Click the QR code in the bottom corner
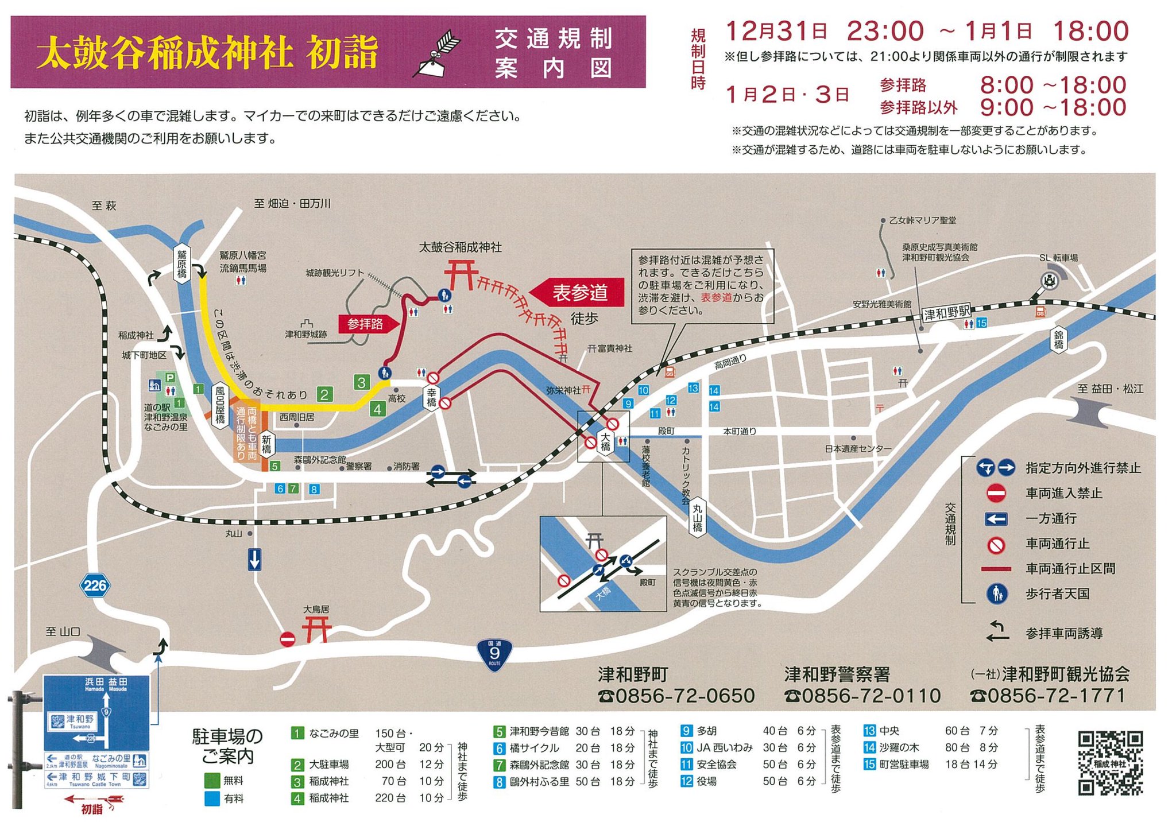[1110, 763]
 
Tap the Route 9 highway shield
[494, 654]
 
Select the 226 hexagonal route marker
[95, 585]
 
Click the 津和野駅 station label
[946, 313]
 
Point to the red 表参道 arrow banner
[577, 293]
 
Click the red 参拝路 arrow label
[368, 324]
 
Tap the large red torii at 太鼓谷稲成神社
[461, 274]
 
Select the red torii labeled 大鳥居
[317, 629]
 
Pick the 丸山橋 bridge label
[697, 517]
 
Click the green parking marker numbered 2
[324, 394]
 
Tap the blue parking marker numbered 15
[981, 323]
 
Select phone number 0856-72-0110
[862, 696]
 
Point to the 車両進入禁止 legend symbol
[996, 493]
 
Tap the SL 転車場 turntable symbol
[1050, 281]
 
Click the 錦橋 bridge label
[1058, 339]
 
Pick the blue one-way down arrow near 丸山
[254, 559]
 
